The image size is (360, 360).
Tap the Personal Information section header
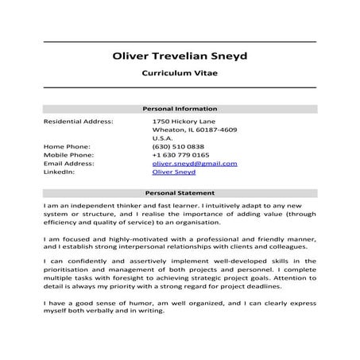pyautogui.click(x=180, y=109)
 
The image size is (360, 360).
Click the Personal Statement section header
pyautogui.click(x=180, y=193)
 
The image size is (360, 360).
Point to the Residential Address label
pyautogui.click(x=78, y=121)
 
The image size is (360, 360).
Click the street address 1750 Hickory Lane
pyautogui.click(x=183, y=121)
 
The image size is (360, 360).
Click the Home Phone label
pyautogui.click(x=67, y=147)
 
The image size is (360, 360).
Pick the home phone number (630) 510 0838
pyautogui.click(x=178, y=147)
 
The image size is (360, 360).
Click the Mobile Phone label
pyautogui.click(x=68, y=155)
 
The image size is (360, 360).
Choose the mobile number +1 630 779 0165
pyautogui.click(x=181, y=155)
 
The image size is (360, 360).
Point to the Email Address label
pyautogui.click(x=69, y=163)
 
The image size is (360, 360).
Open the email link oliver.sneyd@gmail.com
pyautogui.click(x=195, y=163)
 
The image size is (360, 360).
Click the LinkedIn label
pyautogui.click(x=59, y=171)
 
